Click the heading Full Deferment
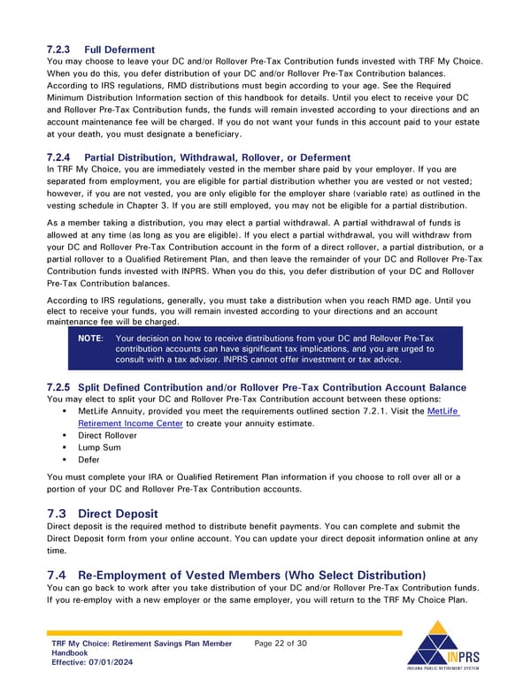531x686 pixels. click(119, 50)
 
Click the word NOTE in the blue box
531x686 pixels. click(90, 339)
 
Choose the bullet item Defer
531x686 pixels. click(88, 460)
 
